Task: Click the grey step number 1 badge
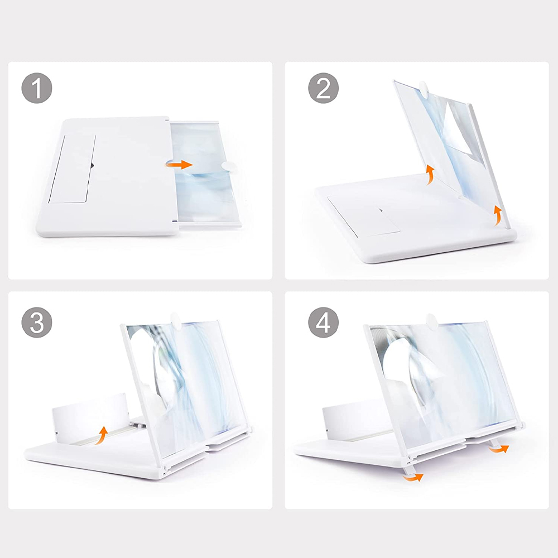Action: pos(37,88)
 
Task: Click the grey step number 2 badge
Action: pos(324,88)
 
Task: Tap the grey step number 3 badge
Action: pos(37,323)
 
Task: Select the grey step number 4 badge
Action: pos(324,323)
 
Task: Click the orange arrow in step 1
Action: pos(179,165)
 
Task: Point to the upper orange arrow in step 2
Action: pos(431,174)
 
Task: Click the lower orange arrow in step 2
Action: pos(498,215)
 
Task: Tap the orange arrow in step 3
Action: pos(102,435)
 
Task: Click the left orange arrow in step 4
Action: pos(413,478)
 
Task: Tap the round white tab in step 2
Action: pos(425,88)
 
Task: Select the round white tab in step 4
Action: pos(431,320)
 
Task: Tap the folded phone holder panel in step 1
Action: pos(72,169)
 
